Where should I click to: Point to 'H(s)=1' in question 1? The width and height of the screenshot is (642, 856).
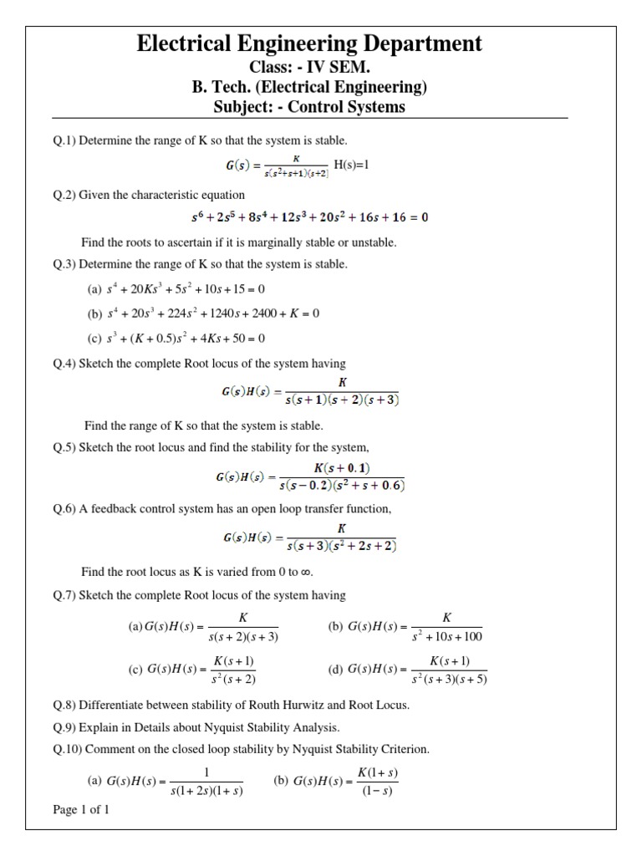pos(351,165)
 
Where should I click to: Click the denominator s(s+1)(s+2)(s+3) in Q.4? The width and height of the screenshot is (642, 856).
pos(342,400)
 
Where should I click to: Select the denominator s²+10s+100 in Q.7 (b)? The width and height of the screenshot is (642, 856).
pos(447,637)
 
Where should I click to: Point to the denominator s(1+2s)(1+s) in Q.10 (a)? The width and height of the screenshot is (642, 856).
pos(206,791)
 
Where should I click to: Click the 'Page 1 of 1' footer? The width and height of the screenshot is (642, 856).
pos(80,809)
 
